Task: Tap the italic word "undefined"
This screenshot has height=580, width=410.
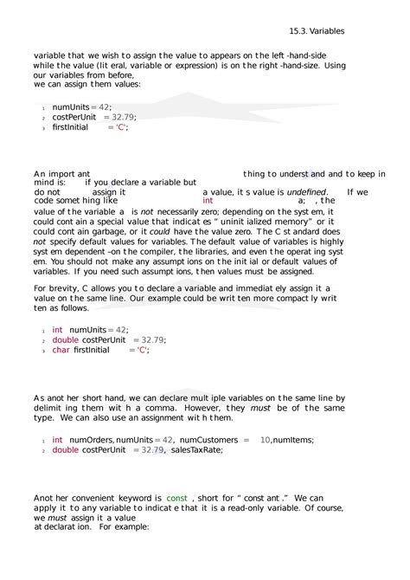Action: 306,192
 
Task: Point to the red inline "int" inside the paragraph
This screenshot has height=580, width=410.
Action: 208,201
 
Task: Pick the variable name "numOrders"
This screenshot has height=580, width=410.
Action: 91,440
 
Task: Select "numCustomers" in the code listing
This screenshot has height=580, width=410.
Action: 208,440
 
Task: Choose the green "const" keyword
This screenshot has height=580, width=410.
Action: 176,499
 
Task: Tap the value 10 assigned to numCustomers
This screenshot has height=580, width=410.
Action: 265,440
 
